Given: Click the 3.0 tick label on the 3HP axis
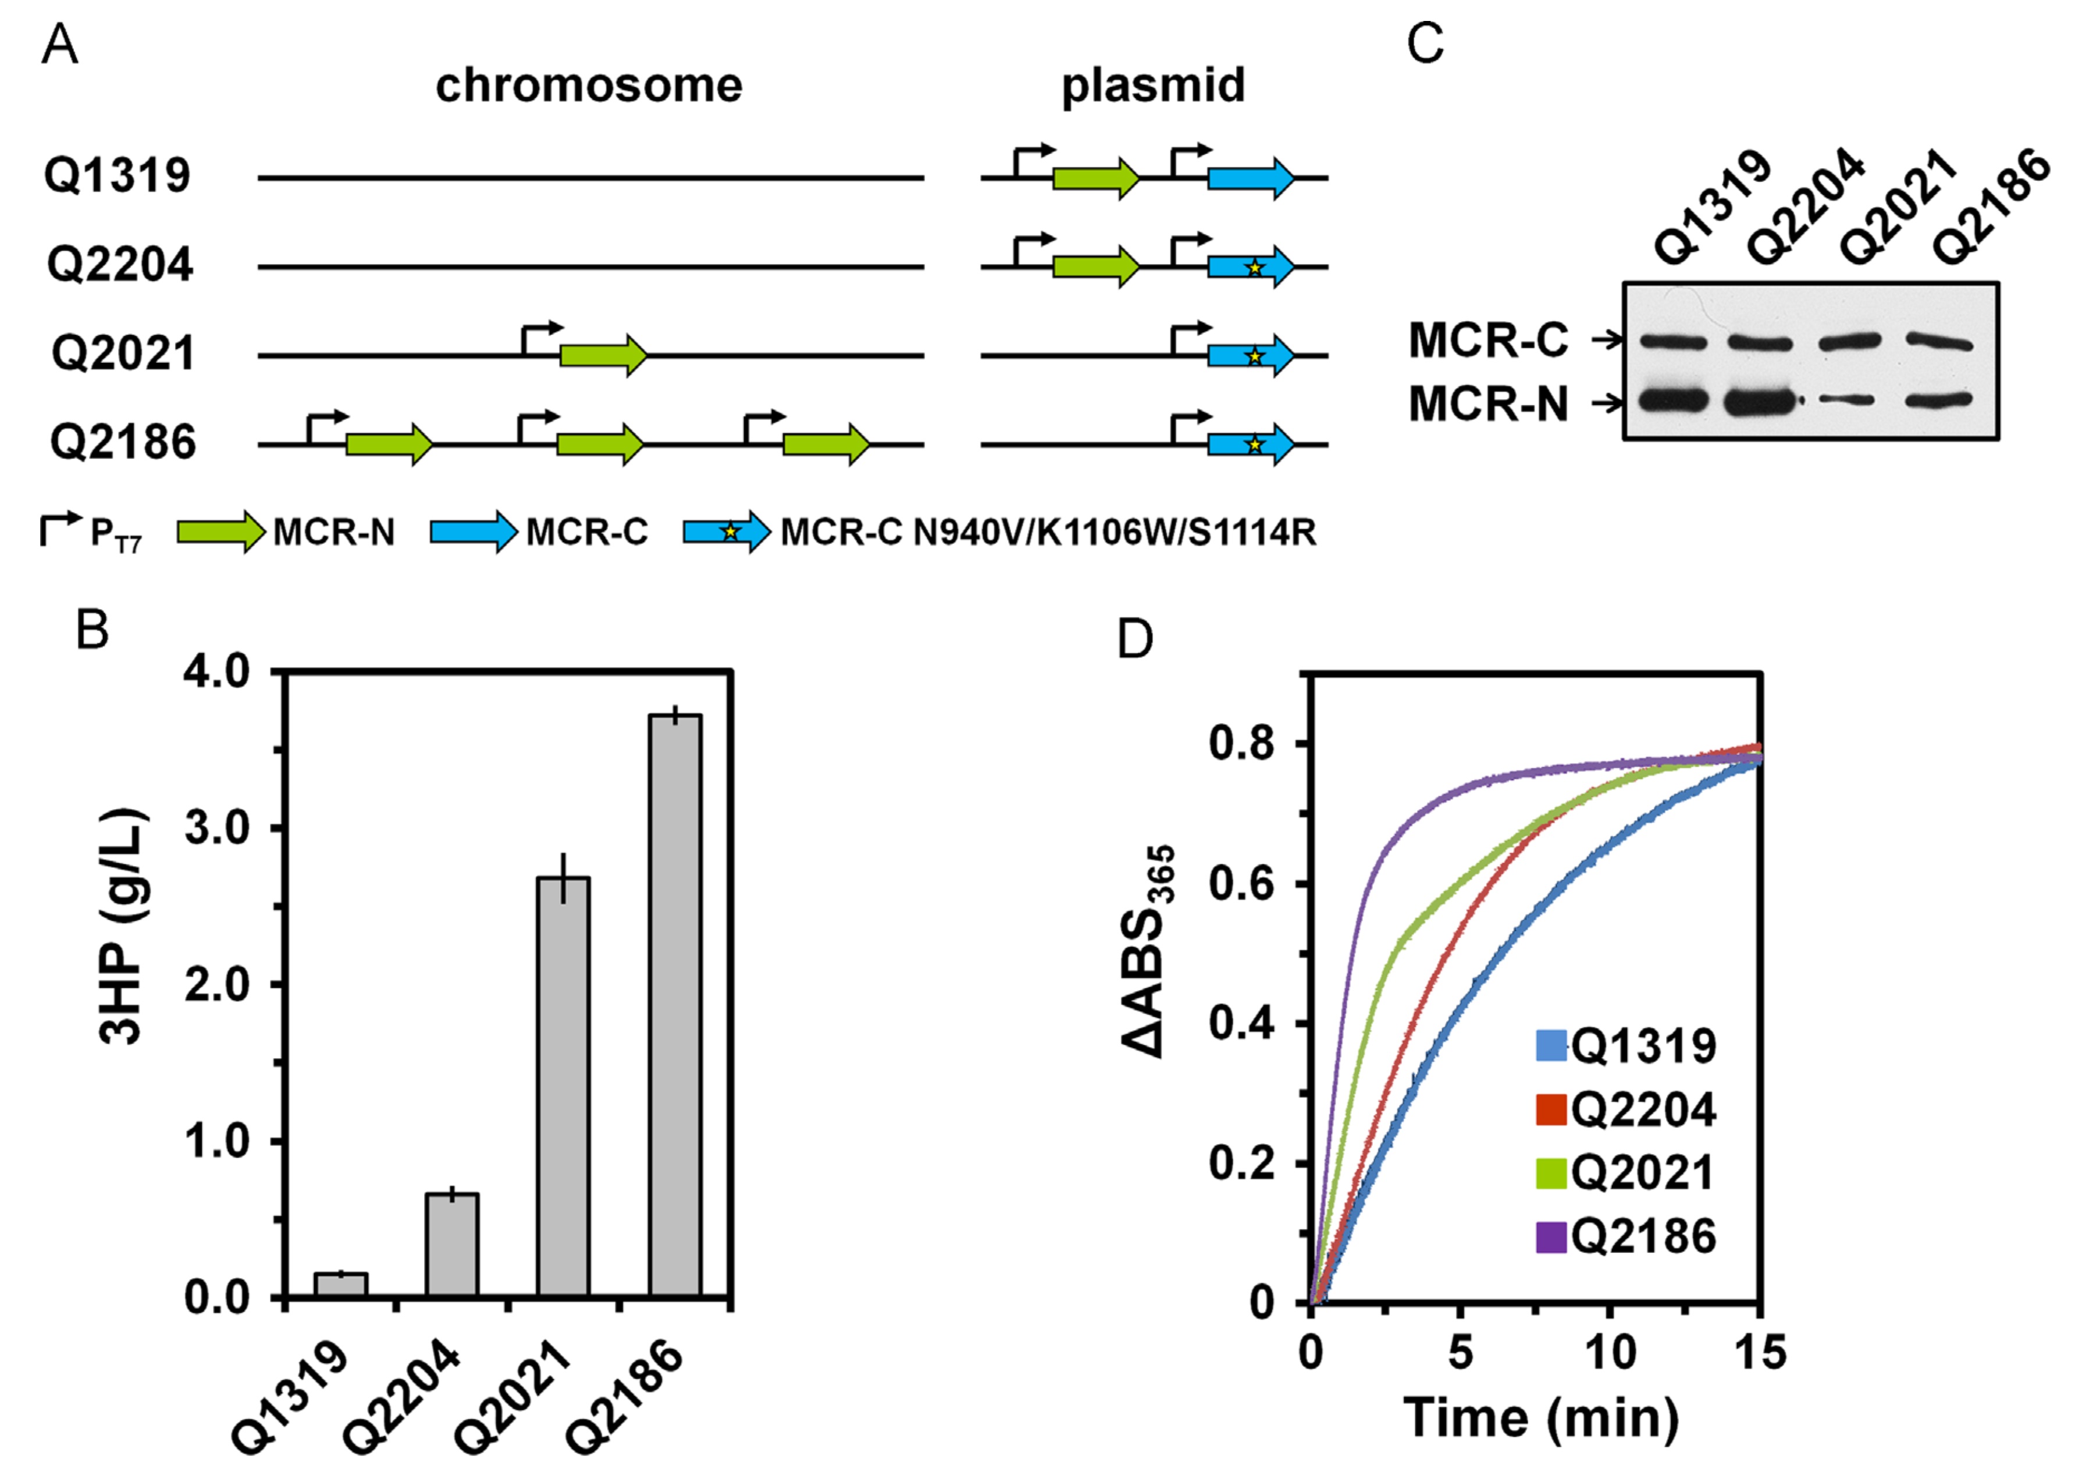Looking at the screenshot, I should [x=217, y=829].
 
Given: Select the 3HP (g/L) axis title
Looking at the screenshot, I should [x=123, y=926].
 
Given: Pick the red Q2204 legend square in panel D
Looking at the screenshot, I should [x=1551, y=1109].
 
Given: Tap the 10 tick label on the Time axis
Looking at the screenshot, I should [x=1610, y=1353].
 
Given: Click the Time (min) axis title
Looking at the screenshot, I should [x=1540, y=1418].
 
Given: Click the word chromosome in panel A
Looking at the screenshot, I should [x=589, y=86].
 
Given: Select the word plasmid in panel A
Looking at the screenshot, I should [x=1153, y=86].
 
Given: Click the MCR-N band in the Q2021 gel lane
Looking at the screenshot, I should [x=1845, y=400].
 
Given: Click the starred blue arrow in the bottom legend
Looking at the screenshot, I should [x=726, y=531].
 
